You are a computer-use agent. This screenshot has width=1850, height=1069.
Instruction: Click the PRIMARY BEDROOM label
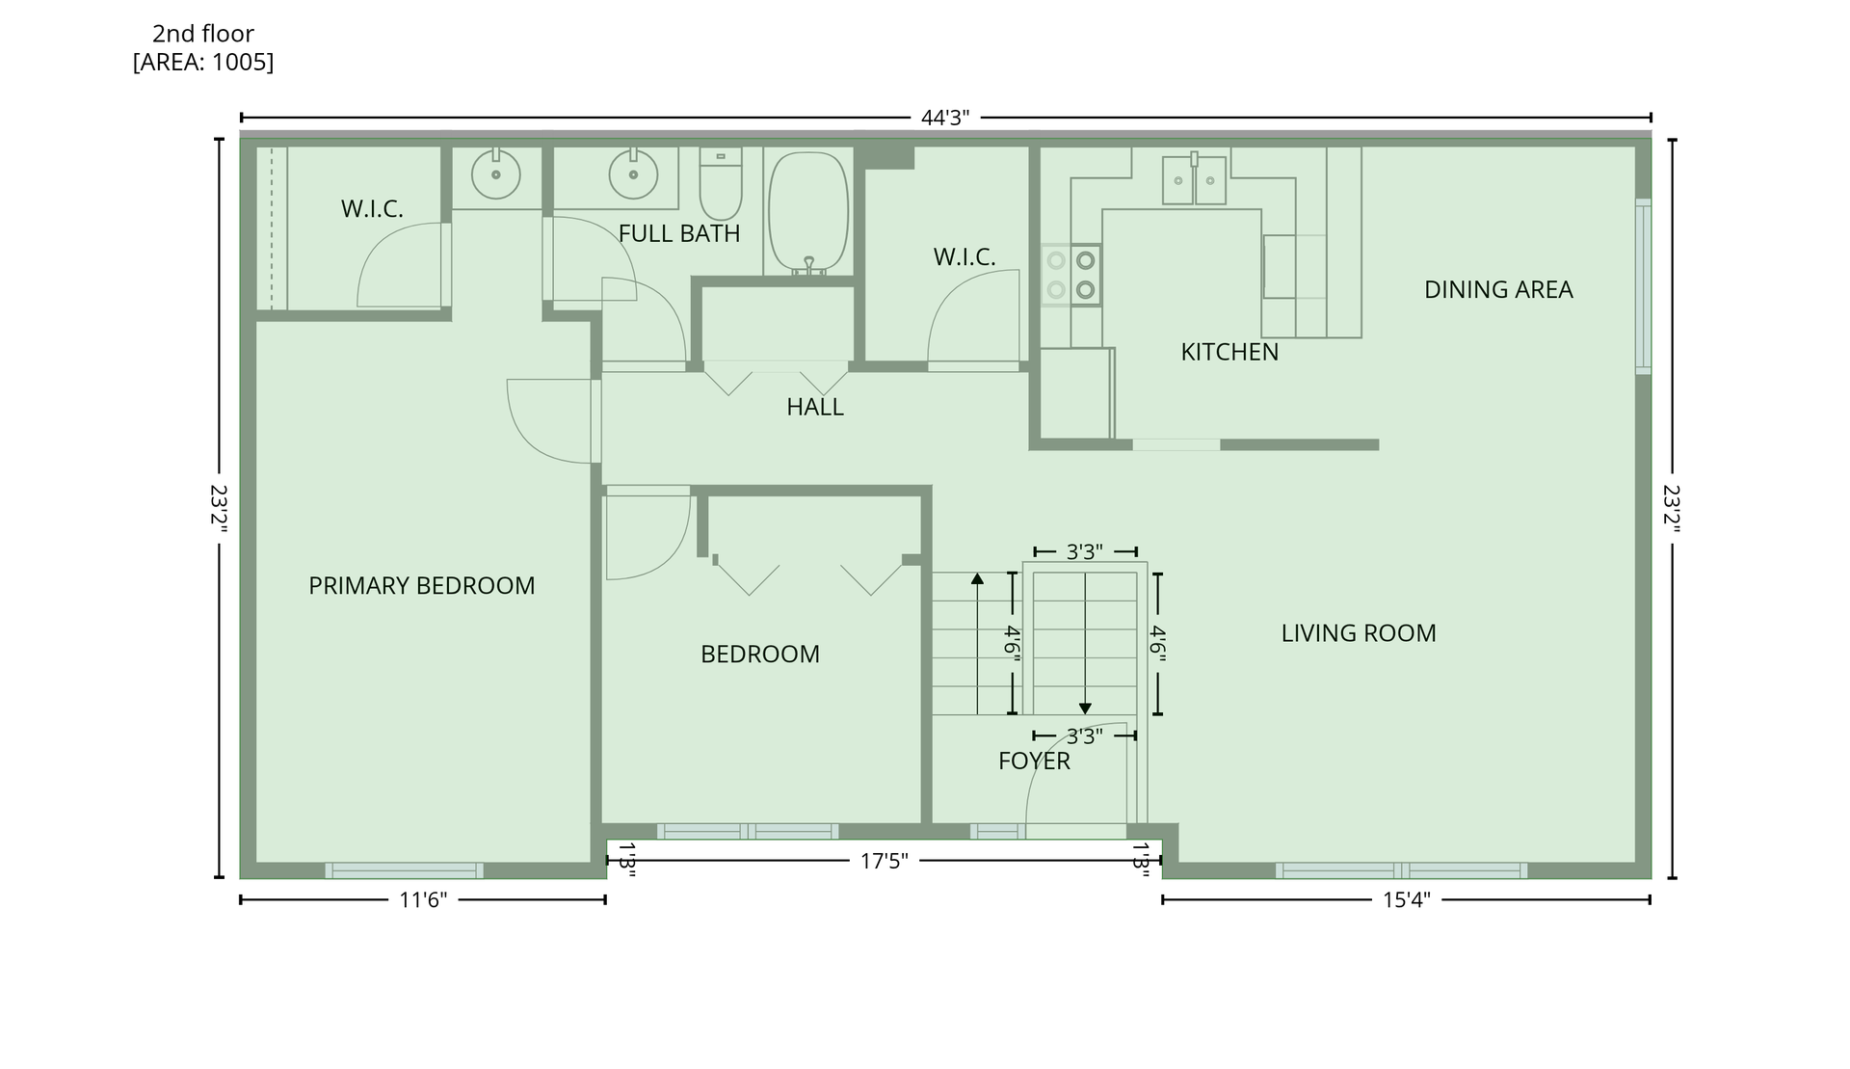click(x=421, y=585)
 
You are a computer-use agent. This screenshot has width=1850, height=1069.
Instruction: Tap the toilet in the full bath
click(x=721, y=184)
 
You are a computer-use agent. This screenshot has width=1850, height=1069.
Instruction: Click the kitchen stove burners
click(x=1071, y=275)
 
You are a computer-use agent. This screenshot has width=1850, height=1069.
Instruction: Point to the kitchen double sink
click(x=1195, y=178)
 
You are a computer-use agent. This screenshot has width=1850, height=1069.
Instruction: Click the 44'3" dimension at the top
click(x=945, y=118)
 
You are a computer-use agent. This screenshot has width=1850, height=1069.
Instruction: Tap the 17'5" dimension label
click(x=885, y=861)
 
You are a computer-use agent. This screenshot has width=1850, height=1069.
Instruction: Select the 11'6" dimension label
click(x=423, y=900)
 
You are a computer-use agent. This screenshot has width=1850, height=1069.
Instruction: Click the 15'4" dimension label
click(x=1407, y=900)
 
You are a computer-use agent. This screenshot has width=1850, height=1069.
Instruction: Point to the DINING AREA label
click(x=1498, y=289)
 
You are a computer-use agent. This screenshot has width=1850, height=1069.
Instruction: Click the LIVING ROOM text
click(x=1359, y=633)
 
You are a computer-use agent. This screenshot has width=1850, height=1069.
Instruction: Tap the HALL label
click(x=815, y=407)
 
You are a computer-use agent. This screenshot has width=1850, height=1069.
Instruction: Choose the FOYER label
click(x=1034, y=761)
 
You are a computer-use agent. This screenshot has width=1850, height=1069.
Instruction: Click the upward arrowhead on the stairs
click(x=977, y=578)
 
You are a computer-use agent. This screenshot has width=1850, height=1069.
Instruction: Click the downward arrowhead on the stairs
click(x=1085, y=708)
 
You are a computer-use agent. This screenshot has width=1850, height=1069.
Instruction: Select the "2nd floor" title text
click(x=203, y=34)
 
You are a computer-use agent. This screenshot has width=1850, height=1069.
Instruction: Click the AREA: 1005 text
click(x=203, y=63)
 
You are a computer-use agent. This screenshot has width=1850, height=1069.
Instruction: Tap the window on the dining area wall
click(x=1643, y=286)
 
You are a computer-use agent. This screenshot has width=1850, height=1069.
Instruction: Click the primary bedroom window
click(x=404, y=870)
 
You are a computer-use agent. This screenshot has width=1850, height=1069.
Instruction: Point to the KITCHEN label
click(x=1229, y=352)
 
